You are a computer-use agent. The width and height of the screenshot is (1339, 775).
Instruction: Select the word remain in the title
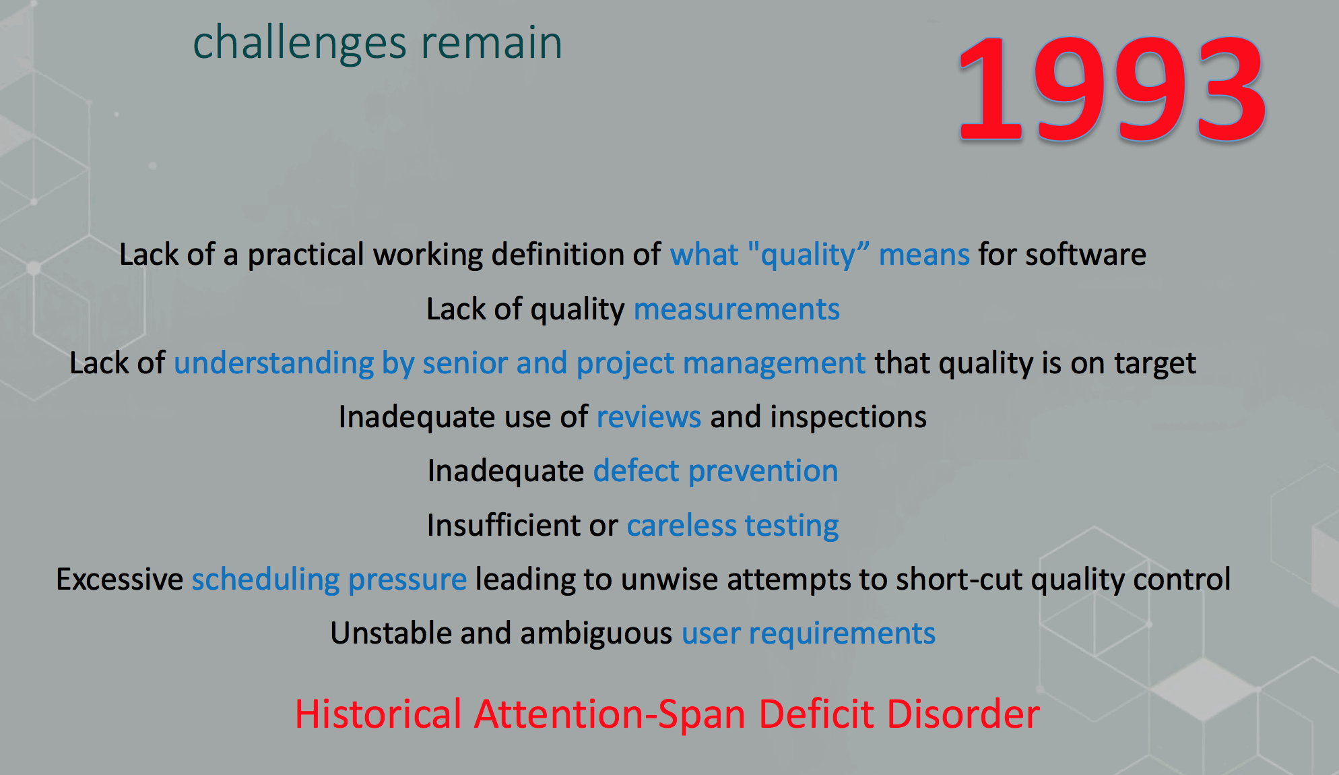pos(492,42)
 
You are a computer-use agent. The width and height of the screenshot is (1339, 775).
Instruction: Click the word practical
pos(306,255)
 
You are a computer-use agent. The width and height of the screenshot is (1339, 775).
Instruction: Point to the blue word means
pos(924,255)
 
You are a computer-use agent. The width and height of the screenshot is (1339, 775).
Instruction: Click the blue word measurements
pos(737,309)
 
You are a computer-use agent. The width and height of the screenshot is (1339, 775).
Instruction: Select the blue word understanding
pos(273,364)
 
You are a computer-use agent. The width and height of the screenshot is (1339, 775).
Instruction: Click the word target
pos(1155,364)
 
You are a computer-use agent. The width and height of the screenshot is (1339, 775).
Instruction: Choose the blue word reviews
pos(649,418)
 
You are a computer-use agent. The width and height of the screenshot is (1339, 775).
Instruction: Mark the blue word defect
pos(636,470)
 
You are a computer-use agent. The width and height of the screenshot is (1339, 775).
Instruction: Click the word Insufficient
pos(503,525)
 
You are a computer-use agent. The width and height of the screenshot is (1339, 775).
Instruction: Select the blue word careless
pos(682,526)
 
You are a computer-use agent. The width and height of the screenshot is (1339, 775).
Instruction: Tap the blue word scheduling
pos(265,580)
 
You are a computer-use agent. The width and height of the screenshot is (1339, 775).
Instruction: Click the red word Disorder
pos(963,714)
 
